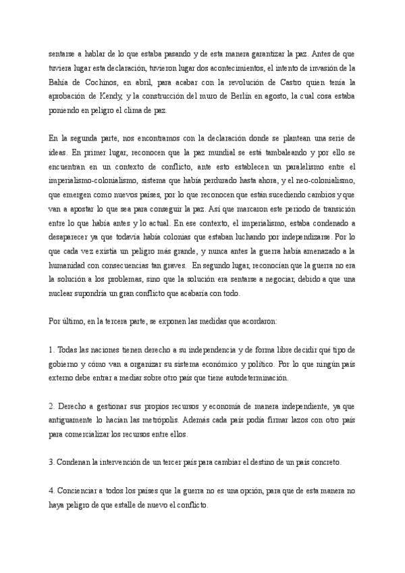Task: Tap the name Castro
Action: tap(288, 82)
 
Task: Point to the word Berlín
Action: tap(248, 97)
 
